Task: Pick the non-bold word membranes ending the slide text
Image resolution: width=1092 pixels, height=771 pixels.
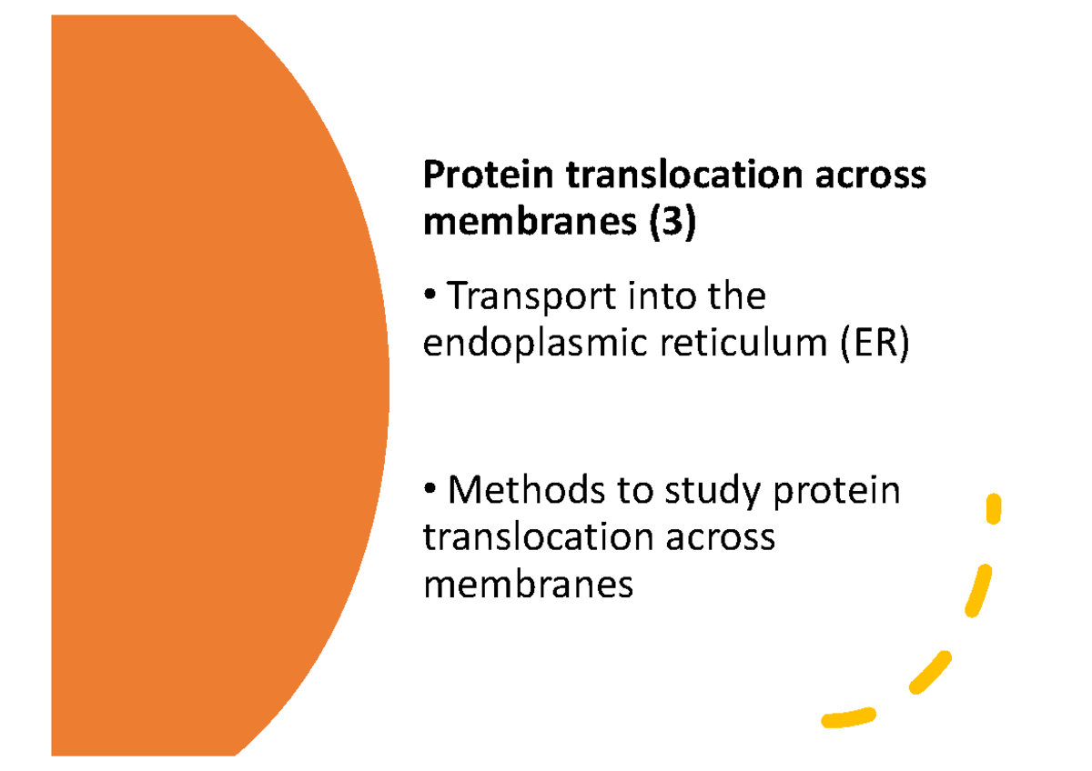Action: [528, 584]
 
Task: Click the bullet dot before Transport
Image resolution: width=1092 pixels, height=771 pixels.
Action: [430, 298]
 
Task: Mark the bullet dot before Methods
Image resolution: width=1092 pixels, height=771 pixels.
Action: [430, 492]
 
